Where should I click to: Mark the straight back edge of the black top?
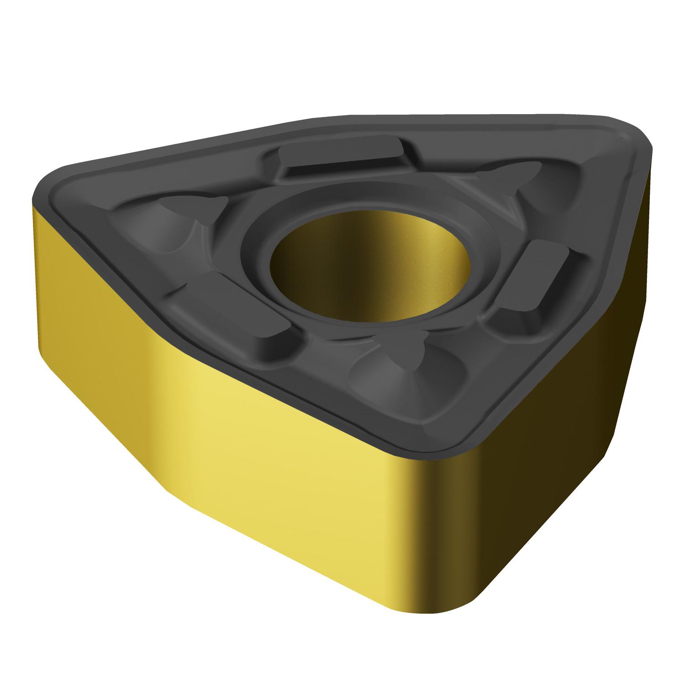point(457,115)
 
